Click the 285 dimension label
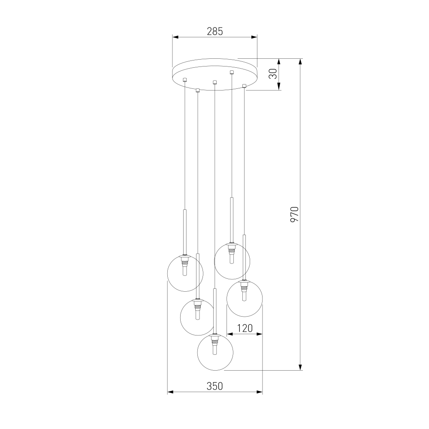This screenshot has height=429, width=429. [215, 31]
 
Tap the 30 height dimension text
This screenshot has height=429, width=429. [273, 73]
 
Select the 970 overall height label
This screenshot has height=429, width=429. [294, 214]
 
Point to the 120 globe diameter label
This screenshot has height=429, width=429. [245, 328]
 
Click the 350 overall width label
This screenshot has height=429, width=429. [215, 386]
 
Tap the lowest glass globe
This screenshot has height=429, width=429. [215, 352]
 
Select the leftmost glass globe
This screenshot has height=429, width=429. [185, 273]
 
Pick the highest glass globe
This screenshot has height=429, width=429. [232, 261]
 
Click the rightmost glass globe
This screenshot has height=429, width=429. [245, 299]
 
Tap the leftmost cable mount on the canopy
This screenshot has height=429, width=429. [184, 80]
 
